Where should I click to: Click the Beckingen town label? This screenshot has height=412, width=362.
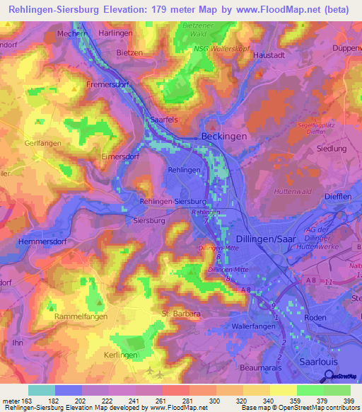tap(224, 135)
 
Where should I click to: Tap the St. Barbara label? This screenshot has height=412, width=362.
tap(183, 312)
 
